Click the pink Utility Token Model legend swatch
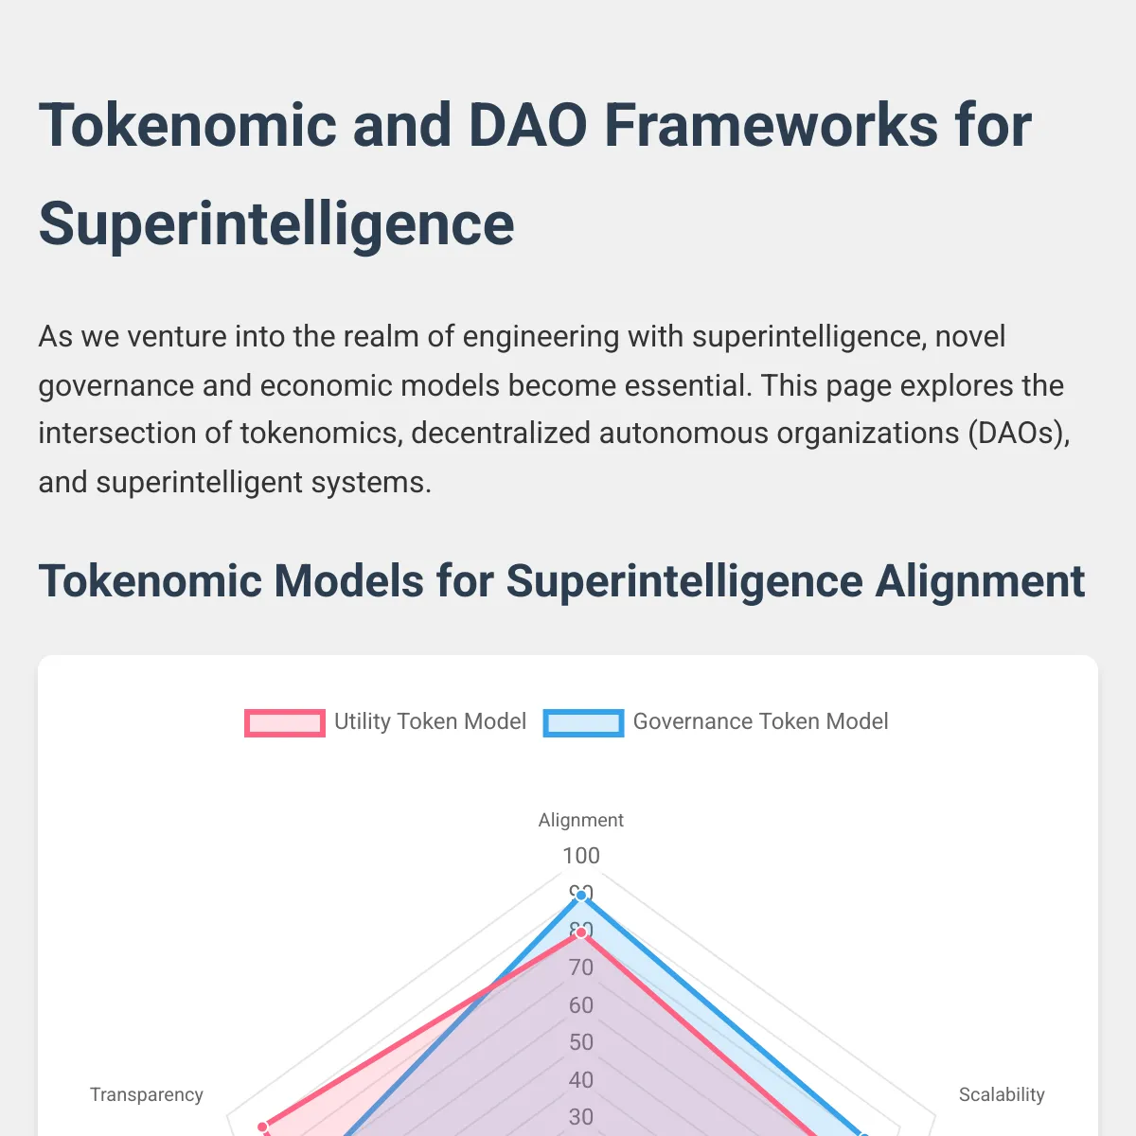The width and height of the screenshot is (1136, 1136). click(285, 722)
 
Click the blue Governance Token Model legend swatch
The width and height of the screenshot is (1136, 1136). click(583, 722)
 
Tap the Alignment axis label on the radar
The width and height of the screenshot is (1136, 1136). click(580, 820)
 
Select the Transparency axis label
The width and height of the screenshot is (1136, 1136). click(146, 1094)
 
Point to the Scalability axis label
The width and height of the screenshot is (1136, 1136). click(1002, 1094)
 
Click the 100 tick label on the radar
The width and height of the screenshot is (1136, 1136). click(581, 856)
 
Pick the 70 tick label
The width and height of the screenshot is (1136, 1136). click(581, 967)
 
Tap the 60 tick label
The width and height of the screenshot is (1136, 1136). click(581, 1005)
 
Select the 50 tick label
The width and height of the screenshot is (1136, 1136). click(581, 1042)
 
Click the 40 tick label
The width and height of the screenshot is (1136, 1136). click(581, 1080)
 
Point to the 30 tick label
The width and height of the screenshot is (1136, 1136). click(581, 1117)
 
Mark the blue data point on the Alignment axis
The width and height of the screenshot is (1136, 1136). click(581, 896)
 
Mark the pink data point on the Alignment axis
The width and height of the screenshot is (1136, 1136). click(581, 932)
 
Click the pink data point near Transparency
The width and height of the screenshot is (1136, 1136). click(263, 1127)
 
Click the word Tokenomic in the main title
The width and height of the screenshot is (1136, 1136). click(187, 126)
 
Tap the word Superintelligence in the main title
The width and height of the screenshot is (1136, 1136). click(276, 224)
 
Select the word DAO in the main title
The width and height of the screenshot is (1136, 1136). click(527, 126)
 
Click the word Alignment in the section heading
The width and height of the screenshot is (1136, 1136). click(979, 582)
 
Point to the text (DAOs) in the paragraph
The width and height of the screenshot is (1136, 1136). click(1019, 434)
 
